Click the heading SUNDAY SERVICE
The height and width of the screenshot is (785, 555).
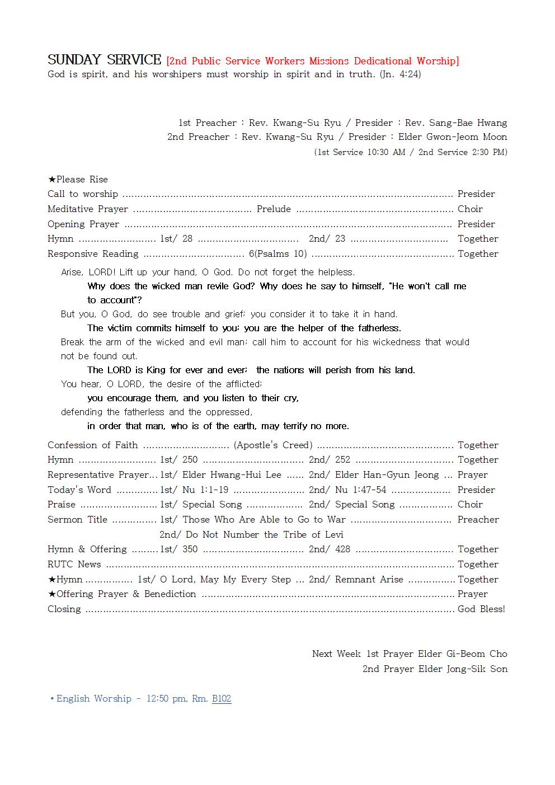(x=104, y=60)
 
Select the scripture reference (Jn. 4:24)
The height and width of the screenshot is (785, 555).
(x=400, y=74)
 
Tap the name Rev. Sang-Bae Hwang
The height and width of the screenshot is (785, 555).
(x=456, y=123)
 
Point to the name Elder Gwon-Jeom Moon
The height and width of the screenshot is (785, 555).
(x=453, y=137)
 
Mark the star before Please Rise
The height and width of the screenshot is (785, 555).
(x=51, y=179)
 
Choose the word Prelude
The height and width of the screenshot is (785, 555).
(x=274, y=209)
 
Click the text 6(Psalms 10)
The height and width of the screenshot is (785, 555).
(x=277, y=253)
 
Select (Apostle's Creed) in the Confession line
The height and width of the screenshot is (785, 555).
(x=273, y=445)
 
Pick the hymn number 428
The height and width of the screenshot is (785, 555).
(x=342, y=549)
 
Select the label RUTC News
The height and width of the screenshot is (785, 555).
(x=74, y=564)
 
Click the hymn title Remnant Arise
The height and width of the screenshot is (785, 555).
(x=369, y=579)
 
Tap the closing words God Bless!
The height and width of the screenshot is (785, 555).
(x=481, y=609)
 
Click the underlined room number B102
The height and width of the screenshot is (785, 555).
(x=222, y=698)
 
